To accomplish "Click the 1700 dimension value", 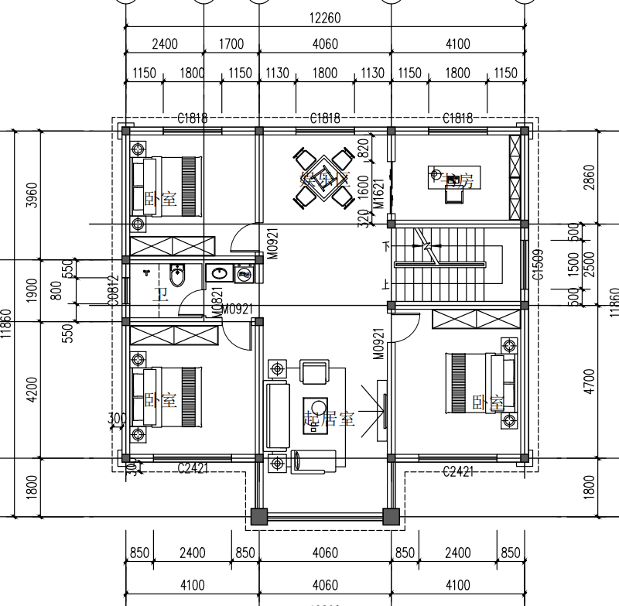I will tap(231, 44).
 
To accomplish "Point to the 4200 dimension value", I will tap(31, 389).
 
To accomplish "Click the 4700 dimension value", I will tap(590, 382).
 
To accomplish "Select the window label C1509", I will tap(537, 265).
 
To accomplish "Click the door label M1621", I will tap(378, 193).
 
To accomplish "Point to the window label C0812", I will tap(113, 291).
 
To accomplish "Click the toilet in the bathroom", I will tap(178, 276).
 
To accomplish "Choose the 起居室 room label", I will tap(328, 419).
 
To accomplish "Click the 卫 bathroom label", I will tap(161, 294).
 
